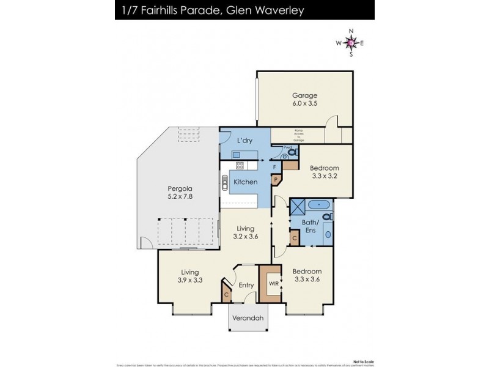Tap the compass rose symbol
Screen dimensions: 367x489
(350, 43)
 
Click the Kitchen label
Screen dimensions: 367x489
(246, 182)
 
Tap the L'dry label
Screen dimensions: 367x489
(244, 141)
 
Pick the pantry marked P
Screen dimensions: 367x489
(276, 180)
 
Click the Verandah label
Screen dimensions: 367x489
(249, 319)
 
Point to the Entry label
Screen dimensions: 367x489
(246, 285)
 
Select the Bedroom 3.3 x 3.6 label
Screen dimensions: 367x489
(307, 275)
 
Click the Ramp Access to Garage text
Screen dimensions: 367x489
(299, 136)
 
